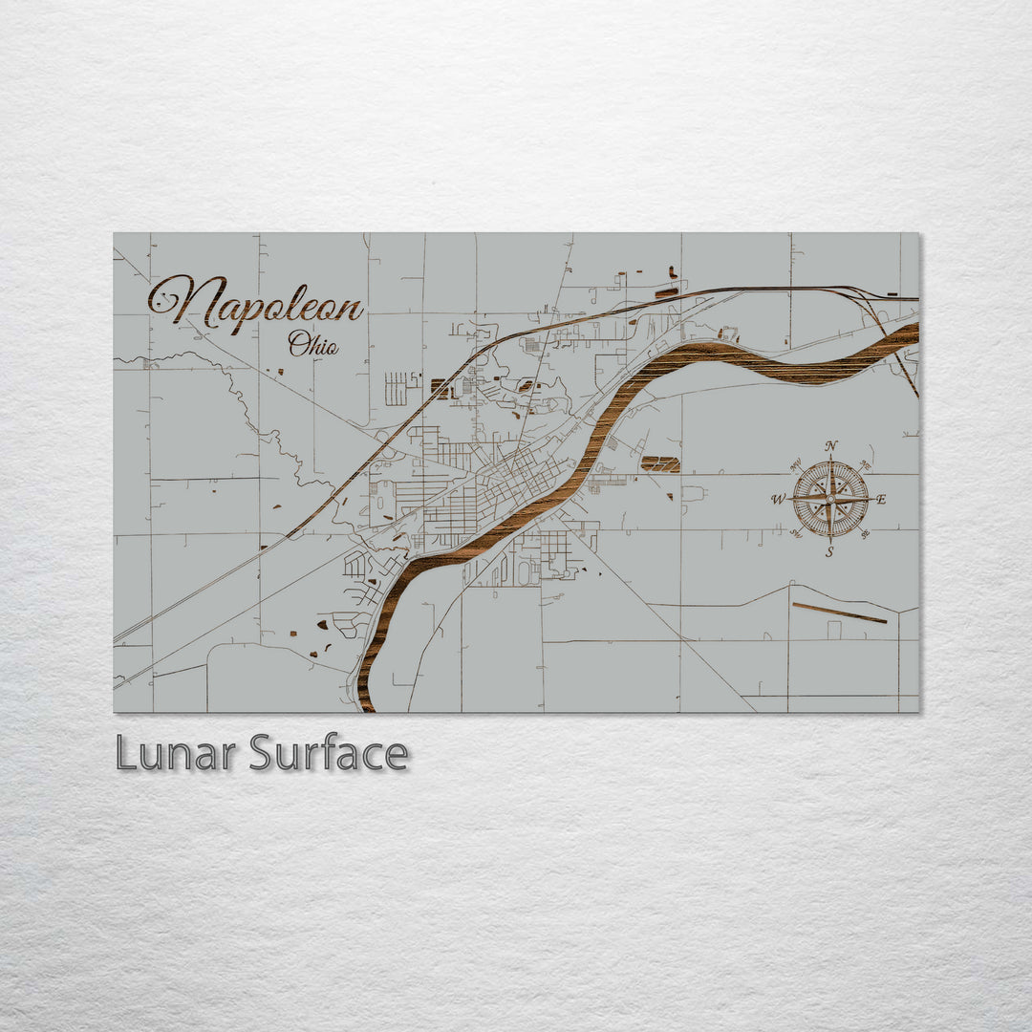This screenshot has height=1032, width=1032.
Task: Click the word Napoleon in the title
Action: [256, 305]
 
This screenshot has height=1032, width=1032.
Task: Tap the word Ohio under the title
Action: [313, 343]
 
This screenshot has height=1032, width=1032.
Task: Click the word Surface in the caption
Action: [329, 754]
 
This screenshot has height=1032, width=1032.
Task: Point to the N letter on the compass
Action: [831, 446]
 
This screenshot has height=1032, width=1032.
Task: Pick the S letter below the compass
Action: [829, 551]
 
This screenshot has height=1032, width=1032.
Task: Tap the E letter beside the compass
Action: [881, 499]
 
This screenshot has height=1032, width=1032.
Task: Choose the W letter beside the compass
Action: [778, 499]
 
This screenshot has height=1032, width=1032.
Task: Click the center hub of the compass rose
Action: [830, 498]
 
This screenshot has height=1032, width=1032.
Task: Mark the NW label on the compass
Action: [796, 465]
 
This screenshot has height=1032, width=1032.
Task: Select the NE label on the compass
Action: [865, 465]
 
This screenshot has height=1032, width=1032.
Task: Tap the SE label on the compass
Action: [864, 532]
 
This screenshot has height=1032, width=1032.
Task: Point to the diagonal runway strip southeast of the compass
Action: [839, 613]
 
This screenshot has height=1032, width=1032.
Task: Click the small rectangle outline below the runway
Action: [834, 630]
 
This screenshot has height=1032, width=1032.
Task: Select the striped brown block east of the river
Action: [660, 464]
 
